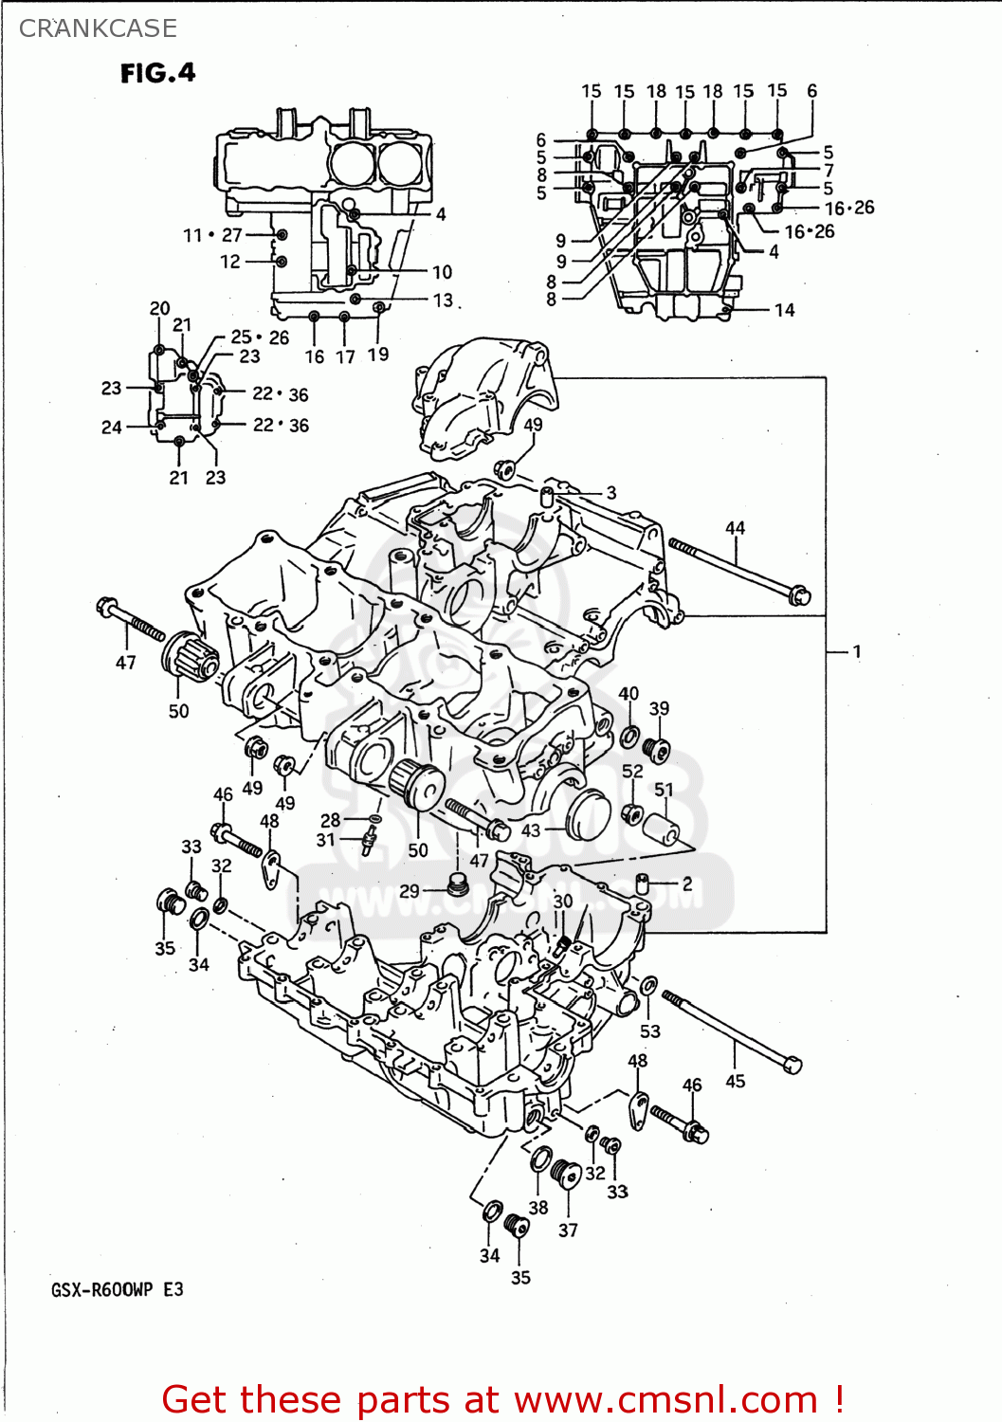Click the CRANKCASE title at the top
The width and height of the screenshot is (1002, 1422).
98,28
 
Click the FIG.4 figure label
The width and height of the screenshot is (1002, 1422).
157,73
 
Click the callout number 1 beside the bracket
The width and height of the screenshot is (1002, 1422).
857,651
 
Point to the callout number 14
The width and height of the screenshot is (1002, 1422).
784,310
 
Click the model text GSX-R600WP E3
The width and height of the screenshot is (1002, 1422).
118,1289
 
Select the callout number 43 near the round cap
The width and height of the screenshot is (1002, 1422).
531,830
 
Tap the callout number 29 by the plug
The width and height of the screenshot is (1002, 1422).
410,891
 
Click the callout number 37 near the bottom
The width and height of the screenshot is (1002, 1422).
568,1230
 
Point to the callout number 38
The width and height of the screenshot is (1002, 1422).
538,1207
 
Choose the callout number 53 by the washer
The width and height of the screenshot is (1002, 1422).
649,1030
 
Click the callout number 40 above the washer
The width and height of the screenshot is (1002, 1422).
629,693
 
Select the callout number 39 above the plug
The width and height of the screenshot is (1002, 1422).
659,708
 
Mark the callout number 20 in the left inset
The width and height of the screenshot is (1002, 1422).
159,308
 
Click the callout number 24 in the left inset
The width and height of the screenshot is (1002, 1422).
112,427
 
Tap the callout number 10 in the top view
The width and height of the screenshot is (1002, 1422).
443,272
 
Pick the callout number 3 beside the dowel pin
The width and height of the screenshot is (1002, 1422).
611,493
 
